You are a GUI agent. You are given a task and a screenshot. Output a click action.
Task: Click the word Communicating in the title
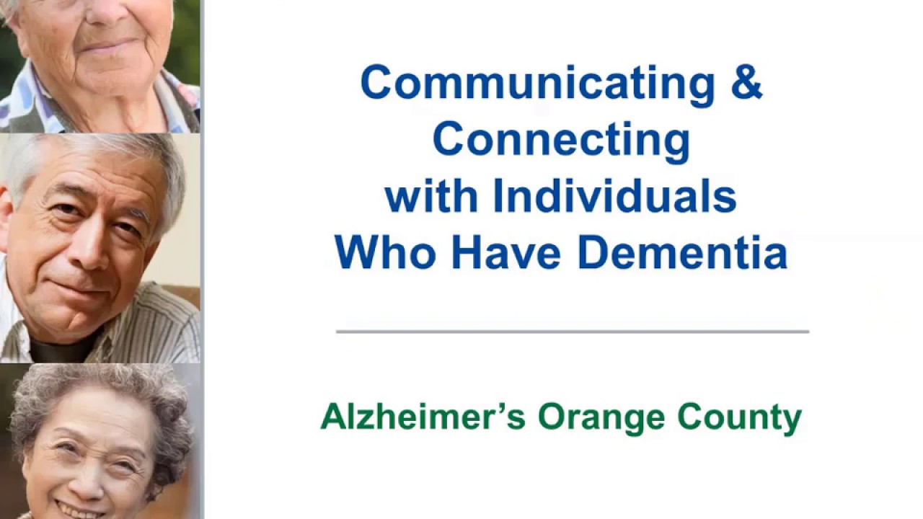(x=536, y=83)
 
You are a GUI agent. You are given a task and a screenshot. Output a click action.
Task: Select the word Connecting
(x=561, y=140)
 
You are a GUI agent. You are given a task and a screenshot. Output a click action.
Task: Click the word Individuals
(x=614, y=196)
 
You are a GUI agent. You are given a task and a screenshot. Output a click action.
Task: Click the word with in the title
(x=431, y=196)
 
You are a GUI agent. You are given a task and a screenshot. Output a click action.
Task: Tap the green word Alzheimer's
(x=423, y=417)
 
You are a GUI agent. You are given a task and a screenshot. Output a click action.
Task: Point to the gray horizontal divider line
(x=572, y=332)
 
